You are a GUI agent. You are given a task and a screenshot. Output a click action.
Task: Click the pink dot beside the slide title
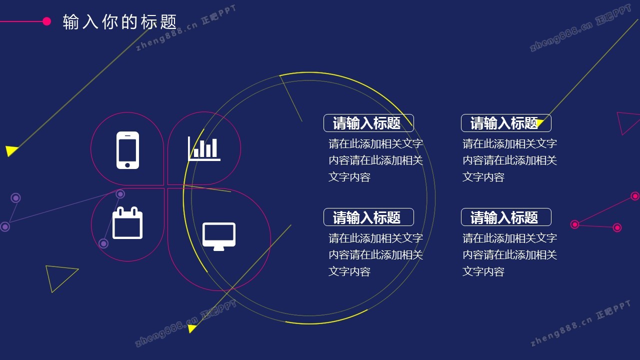[46, 21]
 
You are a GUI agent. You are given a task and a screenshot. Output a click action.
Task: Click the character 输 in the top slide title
[71, 22]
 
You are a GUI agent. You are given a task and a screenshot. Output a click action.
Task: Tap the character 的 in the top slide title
[129, 22]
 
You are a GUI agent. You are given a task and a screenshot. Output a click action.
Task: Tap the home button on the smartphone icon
[127, 165]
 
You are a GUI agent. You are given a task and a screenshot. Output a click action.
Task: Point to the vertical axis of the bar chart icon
[189, 148]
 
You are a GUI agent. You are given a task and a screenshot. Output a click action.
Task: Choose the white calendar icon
[127, 222]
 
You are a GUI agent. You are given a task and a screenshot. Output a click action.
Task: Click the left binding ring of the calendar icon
[120, 211]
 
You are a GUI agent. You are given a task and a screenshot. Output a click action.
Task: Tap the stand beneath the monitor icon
[219, 248]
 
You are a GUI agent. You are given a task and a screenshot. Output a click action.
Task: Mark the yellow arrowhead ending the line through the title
[11, 150]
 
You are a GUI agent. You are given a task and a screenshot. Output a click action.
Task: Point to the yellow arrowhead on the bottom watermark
[192, 328]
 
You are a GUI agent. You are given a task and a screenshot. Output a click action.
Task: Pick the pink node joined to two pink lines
[575, 224]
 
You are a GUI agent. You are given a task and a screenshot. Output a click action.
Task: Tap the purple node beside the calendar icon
[103, 243]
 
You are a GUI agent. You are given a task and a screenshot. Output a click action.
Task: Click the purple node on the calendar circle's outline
[120, 194]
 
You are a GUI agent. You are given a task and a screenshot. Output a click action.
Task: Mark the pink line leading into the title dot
[21, 21]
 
